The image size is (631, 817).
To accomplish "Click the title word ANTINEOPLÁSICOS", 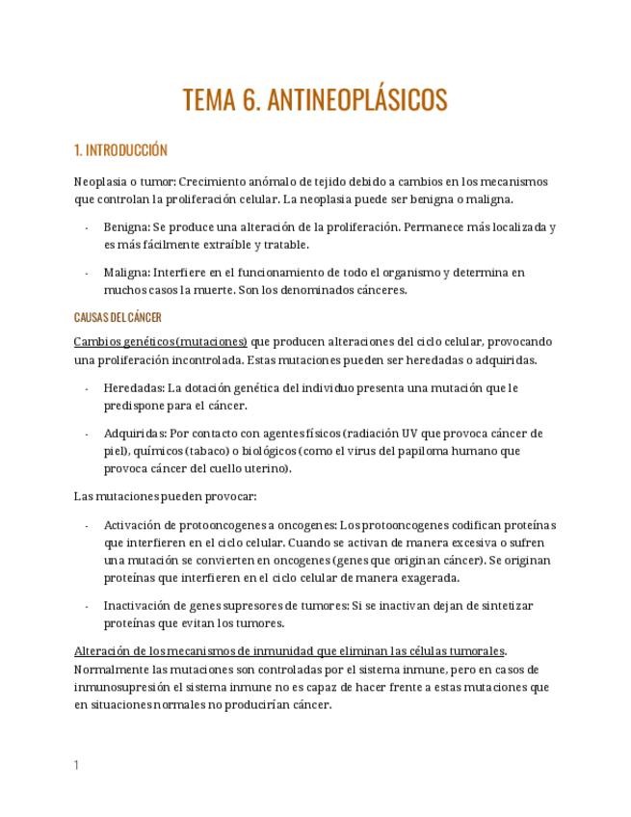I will (x=356, y=100).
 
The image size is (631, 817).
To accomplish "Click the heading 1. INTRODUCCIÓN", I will (x=120, y=150).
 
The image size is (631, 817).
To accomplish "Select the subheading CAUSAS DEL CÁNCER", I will (x=118, y=317).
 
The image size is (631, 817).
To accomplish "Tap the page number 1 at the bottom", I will (x=76, y=765).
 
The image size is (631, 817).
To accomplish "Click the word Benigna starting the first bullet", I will (x=126, y=227).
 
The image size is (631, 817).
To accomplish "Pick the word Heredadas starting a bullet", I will (x=134, y=387).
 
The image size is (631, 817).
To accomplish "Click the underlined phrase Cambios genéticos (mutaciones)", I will (x=161, y=342).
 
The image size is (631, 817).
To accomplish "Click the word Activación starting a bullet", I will (x=135, y=525).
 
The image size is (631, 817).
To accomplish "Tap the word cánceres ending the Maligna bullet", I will (x=379, y=290).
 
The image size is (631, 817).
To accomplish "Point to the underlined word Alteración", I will (x=104, y=650).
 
